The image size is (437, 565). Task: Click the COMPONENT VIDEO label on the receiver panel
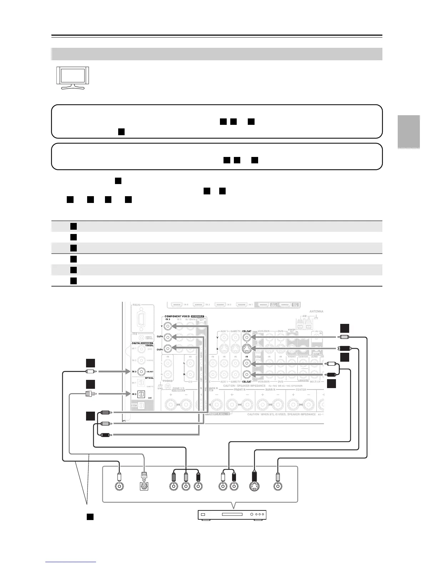(178, 316)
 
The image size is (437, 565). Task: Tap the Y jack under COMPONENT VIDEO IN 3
(168, 326)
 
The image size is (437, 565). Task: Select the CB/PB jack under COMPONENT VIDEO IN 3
(168, 337)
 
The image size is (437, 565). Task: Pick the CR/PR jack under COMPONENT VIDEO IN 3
(168, 348)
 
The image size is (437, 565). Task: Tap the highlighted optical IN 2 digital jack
(142, 394)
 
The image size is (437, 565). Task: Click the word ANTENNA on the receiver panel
(316, 311)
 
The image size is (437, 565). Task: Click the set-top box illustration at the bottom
(232, 515)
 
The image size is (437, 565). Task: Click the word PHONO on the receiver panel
(168, 381)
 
